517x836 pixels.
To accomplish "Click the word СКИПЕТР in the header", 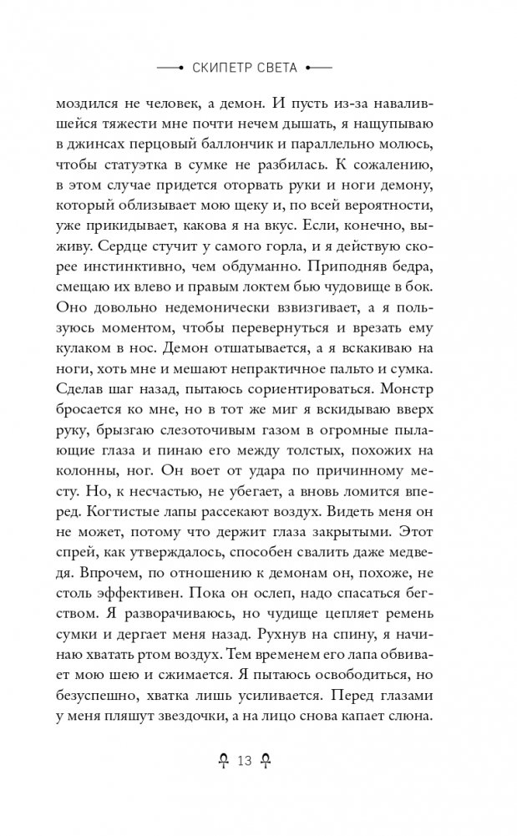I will click(x=221, y=66).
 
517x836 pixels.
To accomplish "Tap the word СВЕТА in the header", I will click(x=276, y=66).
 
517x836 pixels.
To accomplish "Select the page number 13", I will click(x=245, y=760).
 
